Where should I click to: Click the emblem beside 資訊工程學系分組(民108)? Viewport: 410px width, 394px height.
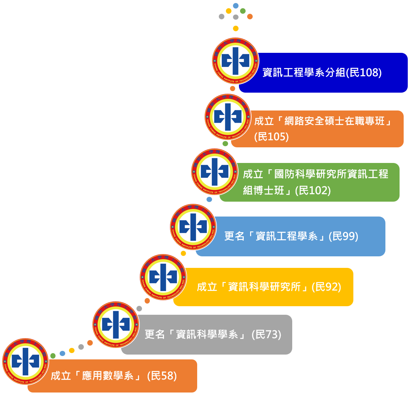(x=235, y=61)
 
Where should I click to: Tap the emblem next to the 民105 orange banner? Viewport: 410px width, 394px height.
(x=228, y=117)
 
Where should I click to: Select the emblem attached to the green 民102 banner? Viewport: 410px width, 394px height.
(x=214, y=172)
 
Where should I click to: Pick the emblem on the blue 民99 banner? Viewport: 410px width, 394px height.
(x=193, y=227)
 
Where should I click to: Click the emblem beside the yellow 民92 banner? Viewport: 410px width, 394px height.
(x=163, y=277)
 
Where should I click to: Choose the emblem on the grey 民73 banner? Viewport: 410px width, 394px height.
(x=116, y=324)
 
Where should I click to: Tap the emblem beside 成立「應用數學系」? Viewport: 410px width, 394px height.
(x=25, y=361)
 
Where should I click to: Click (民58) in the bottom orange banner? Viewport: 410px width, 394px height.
(x=162, y=376)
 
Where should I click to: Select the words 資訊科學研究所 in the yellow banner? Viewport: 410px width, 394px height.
(x=264, y=287)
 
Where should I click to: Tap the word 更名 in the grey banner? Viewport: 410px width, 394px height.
(x=154, y=334)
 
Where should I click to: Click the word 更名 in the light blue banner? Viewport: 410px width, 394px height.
(x=234, y=236)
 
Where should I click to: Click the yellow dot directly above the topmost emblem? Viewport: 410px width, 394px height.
(x=236, y=28)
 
